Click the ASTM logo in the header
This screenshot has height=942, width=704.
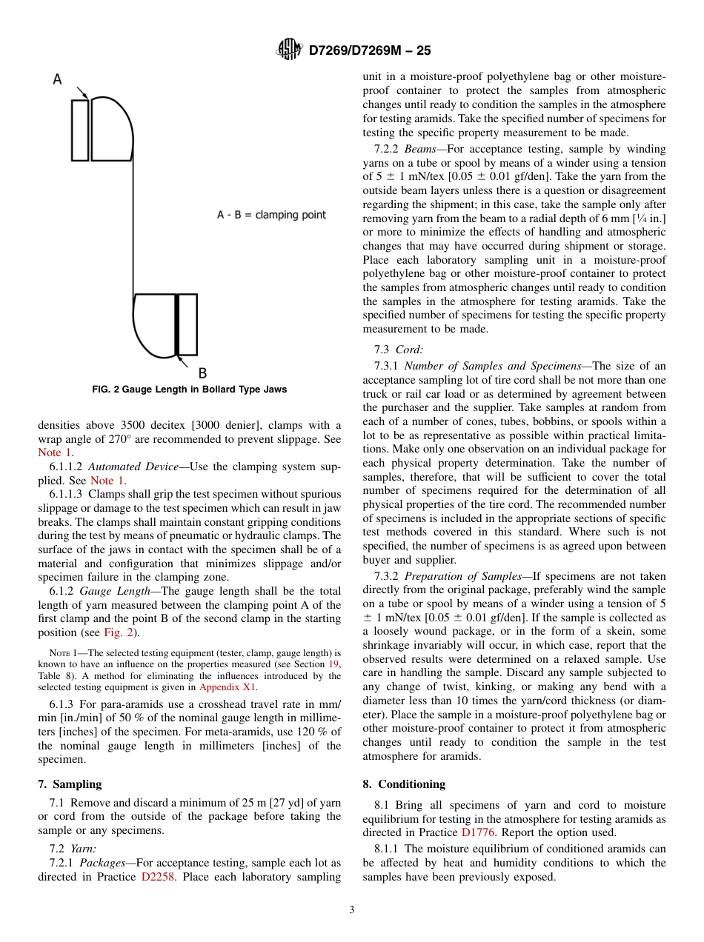tap(288, 50)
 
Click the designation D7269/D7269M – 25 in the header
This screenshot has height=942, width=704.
tap(369, 50)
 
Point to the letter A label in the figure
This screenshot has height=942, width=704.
tap(57, 79)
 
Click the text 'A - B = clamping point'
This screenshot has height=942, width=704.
tap(270, 215)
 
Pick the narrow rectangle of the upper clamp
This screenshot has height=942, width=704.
tap(80, 130)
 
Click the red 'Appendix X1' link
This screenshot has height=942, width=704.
tap(228, 687)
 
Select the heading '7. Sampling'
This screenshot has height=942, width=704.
tap(70, 784)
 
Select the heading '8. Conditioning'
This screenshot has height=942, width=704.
tap(404, 784)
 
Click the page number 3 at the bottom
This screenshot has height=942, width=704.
tap(352, 910)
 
